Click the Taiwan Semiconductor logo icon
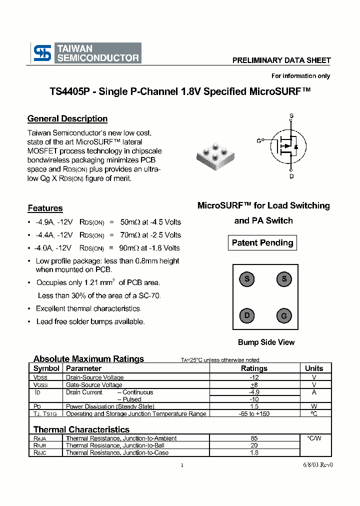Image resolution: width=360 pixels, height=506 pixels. point(42,53)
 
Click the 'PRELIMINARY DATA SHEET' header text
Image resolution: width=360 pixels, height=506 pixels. point(281,60)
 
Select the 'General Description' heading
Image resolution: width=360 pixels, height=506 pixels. point(67,119)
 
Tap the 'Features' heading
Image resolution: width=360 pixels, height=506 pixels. point(45,208)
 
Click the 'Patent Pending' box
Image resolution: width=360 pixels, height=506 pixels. point(262,243)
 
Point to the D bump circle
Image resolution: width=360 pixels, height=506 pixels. point(246,315)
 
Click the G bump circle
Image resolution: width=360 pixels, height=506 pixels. point(283,316)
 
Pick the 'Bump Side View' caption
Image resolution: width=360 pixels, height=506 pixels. point(266,342)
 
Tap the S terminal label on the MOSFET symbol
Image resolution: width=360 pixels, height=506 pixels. point(291,116)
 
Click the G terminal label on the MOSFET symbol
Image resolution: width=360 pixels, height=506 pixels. point(259,141)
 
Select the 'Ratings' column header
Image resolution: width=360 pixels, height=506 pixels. point(254,368)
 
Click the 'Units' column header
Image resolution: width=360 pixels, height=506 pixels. point(314,368)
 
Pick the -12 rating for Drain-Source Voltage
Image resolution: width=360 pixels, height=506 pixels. point(254,377)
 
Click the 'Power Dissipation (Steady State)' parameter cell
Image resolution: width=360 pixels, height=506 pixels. point(110,407)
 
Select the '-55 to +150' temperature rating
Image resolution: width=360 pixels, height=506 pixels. point(254,414)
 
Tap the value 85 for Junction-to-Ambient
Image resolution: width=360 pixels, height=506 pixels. point(254,438)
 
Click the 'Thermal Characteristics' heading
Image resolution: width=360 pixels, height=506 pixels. point(81,429)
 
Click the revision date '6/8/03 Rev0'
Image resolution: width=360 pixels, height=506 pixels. point(317,464)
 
